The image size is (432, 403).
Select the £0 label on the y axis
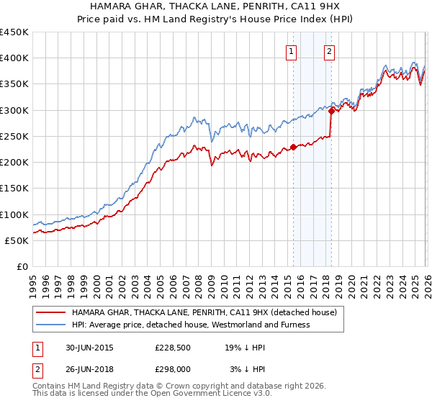(23, 267)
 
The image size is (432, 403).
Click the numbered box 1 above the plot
(292, 51)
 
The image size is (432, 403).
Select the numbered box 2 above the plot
(329, 51)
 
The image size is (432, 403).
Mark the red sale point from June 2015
(294, 148)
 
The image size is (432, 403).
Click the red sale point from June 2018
(331, 111)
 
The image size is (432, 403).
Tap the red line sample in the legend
(52, 312)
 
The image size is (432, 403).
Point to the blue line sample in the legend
(52, 325)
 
